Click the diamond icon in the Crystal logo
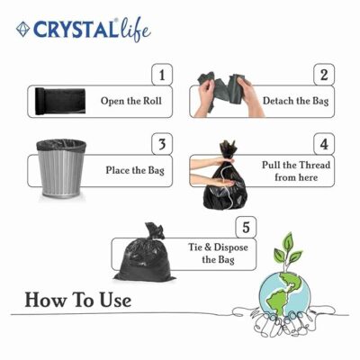(x=22, y=30)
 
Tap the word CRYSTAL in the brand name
(x=75, y=30)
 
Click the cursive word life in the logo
(x=134, y=31)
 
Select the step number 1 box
(x=162, y=75)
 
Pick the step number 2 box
(x=324, y=75)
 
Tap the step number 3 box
(x=162, y=144)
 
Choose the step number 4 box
(x=324, y=144)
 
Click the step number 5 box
(x=246, y=227)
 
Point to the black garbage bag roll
(x=60, y=101)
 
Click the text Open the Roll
(x=131, y=101)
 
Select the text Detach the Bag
(x=296, y=101)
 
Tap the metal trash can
(x=61, y=168)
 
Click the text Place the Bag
(x=135, y=170)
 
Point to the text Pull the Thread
(x=296, y=165)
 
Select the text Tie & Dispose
(x=218, y=247)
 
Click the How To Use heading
(x=78, y=300)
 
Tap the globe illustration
(x=284, y=292)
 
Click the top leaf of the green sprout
(x=288, y=241)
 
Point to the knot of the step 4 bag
(x=228, y=149)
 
